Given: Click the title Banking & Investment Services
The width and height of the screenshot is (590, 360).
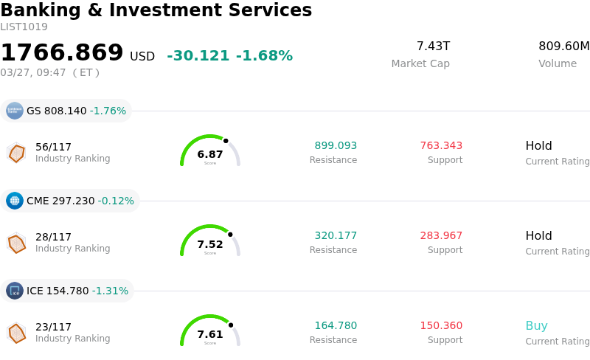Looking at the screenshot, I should point(156,11).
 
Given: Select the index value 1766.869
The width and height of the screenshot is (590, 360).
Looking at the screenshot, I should point(62,53).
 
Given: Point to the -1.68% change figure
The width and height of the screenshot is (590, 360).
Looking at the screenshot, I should point(264,56).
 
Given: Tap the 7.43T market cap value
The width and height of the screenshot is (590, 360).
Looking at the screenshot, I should point(433,46).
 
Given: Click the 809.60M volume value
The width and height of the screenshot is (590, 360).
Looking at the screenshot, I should point(563,46).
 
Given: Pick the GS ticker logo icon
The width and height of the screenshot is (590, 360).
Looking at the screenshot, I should point(15,111).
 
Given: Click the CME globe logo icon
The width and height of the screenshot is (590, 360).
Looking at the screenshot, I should point(15,201).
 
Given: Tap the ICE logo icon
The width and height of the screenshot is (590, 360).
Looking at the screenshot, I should point(15,291).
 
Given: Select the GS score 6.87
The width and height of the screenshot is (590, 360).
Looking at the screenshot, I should point(210,154).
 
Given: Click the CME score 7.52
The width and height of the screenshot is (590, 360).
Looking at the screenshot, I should point(210,244).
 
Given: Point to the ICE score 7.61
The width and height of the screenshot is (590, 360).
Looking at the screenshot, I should point(210,334).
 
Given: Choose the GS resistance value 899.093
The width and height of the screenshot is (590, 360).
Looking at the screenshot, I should point(336,146).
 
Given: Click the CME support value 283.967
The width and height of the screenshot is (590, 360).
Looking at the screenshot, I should point(441,236).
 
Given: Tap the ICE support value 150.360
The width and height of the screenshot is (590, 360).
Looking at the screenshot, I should point(441,326).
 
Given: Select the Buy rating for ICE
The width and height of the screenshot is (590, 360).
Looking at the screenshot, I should point(536,326).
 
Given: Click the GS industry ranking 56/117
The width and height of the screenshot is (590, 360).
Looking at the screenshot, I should point(53,147).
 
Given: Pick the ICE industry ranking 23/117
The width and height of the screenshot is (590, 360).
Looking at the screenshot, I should point(53,327).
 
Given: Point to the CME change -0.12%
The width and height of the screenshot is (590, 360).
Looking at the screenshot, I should point(116,201).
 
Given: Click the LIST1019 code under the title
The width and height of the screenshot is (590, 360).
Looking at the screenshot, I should point(24,27).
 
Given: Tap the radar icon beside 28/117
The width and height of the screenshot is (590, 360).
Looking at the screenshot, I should point(16,243).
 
